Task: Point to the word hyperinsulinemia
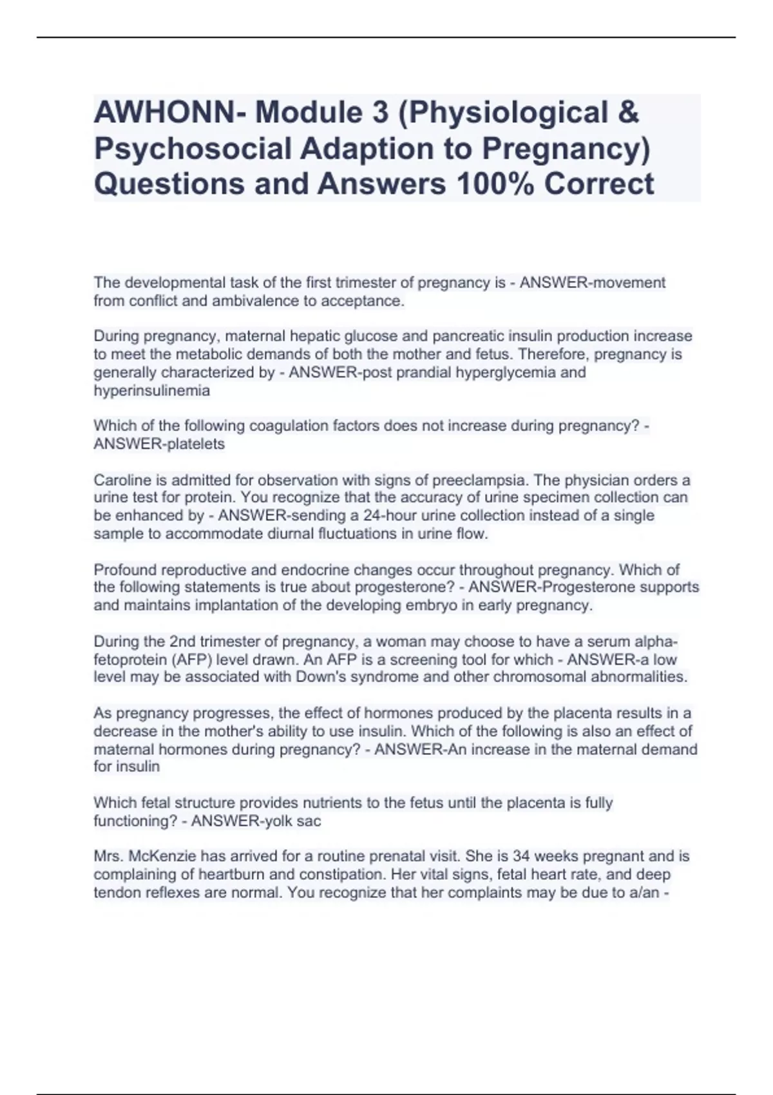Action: click(x=151, y=390)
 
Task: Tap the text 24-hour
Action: click(x=386, y=515)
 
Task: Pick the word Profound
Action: click(x=125, y=569)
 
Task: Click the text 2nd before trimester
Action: click(x=183, y=642)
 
